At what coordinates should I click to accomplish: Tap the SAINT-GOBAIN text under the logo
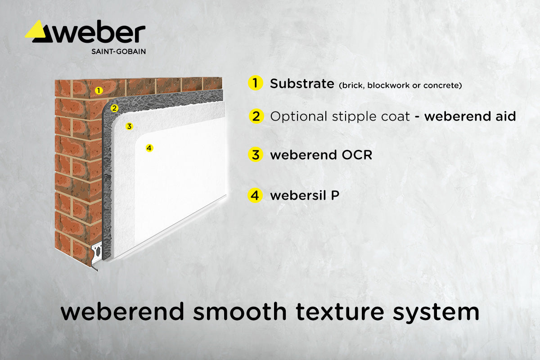(118, 51)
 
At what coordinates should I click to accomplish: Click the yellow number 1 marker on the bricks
(99, 90)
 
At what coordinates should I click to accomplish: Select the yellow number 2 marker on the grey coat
(114, 108)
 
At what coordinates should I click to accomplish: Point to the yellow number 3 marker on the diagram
(129, 126)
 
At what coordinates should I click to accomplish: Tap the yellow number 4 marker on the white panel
(149, 148)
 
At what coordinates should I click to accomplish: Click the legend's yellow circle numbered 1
(255, 83)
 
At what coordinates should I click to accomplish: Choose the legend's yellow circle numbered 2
(256, 117)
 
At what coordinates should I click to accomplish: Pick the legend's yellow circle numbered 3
(255, 155)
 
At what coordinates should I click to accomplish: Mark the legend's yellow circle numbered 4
(255, 196)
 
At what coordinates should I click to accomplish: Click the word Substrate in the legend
(301, 84)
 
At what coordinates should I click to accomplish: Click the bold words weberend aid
(470, 117)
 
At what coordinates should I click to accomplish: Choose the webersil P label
(305, 196)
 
